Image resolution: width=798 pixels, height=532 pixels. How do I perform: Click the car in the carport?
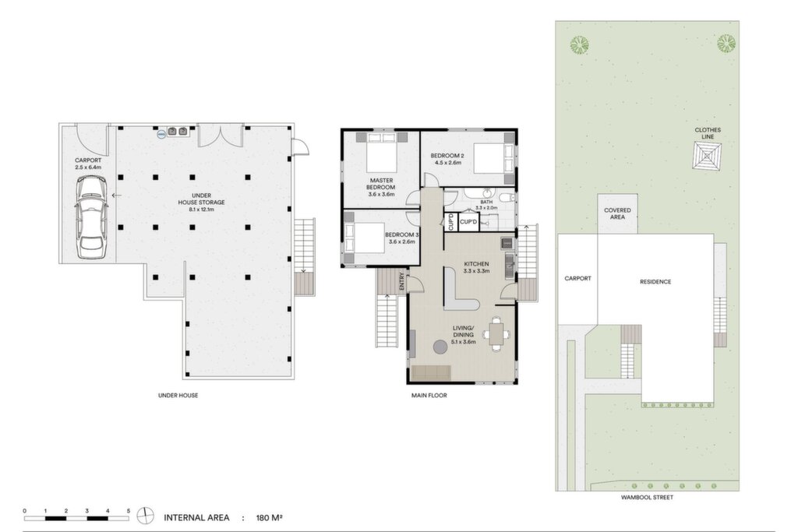(x=92, y=217)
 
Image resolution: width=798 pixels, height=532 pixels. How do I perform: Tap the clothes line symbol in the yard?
(x=708, y=156)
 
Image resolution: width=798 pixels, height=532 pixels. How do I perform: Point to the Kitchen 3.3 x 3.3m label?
(x=476, y=267)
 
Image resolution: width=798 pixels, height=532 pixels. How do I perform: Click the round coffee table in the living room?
(x=441, y=347)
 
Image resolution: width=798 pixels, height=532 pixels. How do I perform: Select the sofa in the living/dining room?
(x=431, y=373)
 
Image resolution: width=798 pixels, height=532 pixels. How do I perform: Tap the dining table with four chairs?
(x=496, y=334)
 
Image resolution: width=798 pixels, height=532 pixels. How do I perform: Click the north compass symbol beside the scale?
(x=145, y=516)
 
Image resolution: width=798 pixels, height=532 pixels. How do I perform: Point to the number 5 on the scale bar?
(x=129, y=511)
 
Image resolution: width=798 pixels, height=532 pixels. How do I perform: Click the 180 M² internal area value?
(x=269, y=518)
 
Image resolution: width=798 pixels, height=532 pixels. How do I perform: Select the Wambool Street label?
(x=647, y=498)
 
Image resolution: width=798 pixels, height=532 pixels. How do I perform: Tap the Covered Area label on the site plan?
(x=617, y=213)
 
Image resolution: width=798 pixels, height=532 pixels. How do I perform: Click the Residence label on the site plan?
(x=655, y=282)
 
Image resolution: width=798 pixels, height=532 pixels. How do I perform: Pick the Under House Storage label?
(x=202, y=203)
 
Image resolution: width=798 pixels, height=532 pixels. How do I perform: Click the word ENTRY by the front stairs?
(x=402, y=282)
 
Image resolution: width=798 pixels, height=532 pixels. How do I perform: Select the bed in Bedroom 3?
(x=365, y=238)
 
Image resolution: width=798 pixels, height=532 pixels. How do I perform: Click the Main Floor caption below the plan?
(x=429, y=395)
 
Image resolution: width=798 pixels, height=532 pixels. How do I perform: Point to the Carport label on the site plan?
(x=577, y=279)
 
